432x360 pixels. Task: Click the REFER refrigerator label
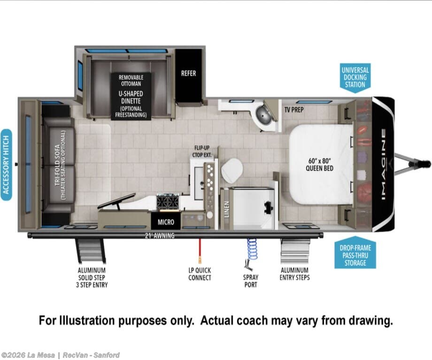click(188, 73)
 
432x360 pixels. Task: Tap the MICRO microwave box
click(166, 221)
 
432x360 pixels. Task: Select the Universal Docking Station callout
click(355, 77)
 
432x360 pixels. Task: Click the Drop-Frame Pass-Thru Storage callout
click(355, 253)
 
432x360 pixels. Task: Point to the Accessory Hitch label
click(6, 165)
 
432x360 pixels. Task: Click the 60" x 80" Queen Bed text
click(320, 164)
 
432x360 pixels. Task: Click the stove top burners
click(168, 201)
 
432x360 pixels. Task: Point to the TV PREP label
click(294, 110)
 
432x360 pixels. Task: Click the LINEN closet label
click(227, 209)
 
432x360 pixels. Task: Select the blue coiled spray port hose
click(251, 249)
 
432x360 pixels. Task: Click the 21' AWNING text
click(160, 236)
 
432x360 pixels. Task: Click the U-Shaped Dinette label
click(131, 97)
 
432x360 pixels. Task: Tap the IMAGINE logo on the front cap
click(384, 164)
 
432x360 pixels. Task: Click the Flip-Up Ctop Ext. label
click(202, 152)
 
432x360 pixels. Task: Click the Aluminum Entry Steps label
click(294, 274)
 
